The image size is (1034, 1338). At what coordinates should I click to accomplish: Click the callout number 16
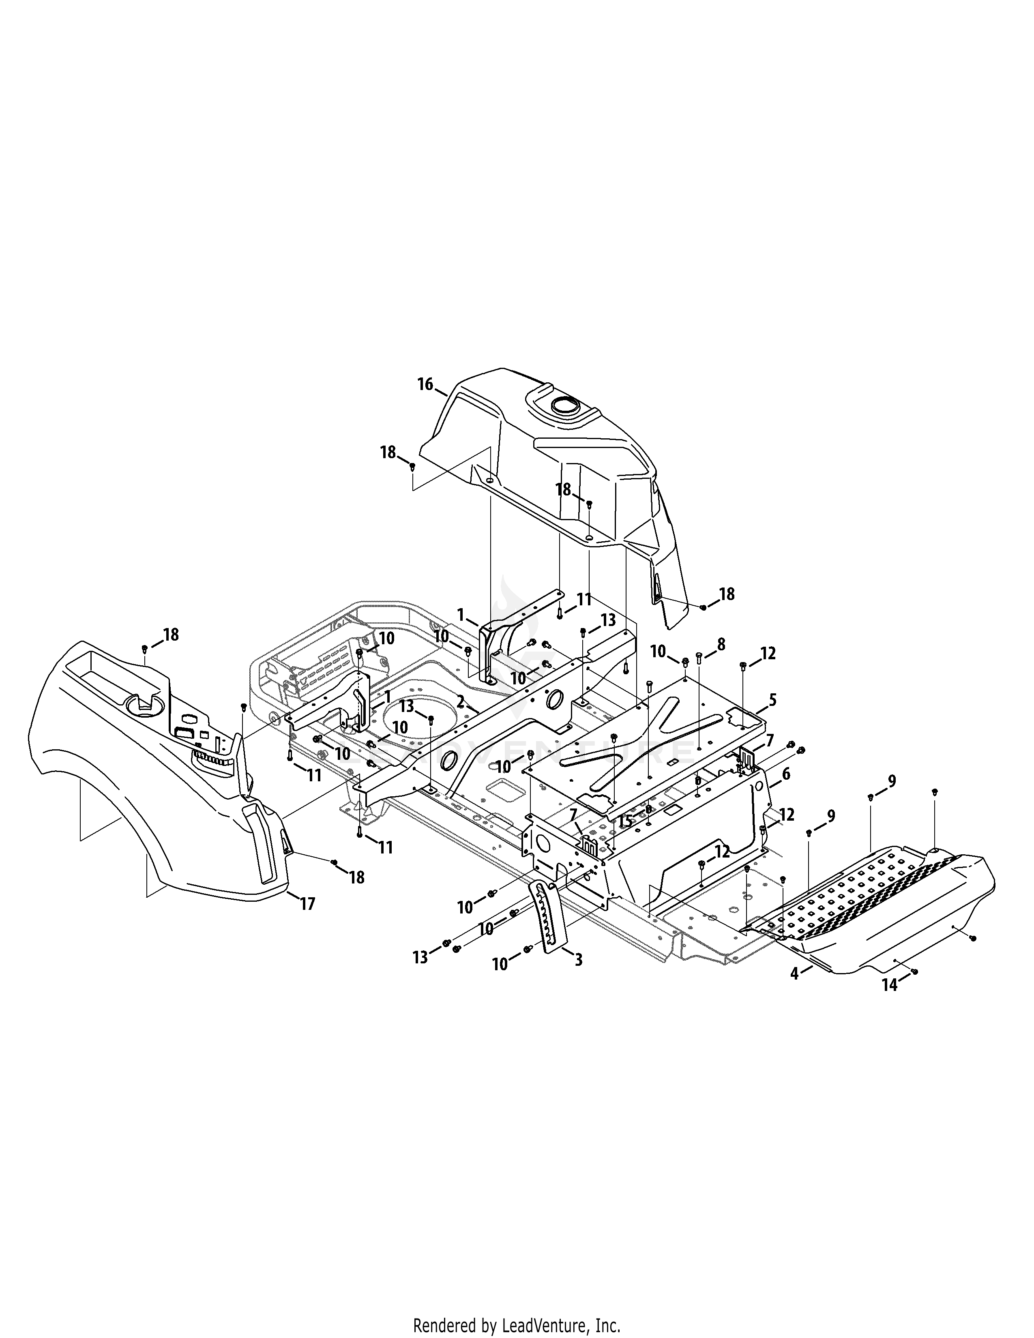[x=425, y=384]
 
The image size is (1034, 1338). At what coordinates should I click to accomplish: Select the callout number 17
[x=307, y=904]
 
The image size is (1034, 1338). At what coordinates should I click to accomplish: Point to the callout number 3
[x=578, y=959]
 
